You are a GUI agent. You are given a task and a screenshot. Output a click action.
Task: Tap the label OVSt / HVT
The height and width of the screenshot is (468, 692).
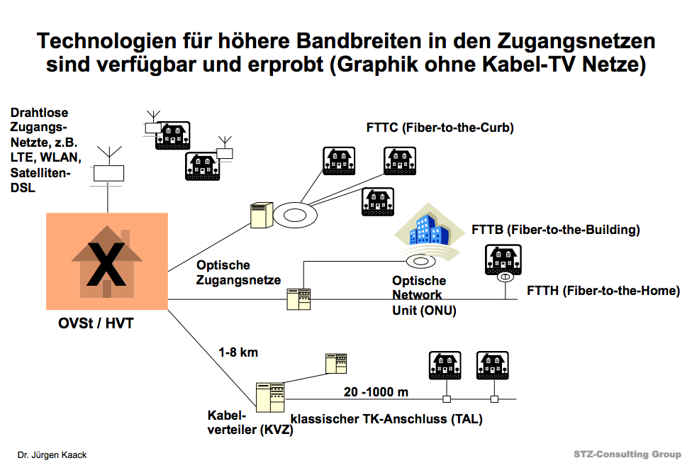96,324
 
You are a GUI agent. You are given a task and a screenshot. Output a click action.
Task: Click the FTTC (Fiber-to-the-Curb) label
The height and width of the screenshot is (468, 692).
440,128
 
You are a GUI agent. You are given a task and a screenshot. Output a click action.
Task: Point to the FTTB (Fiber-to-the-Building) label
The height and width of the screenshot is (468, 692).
556,230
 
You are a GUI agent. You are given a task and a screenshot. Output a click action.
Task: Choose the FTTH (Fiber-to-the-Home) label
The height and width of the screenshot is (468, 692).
603,291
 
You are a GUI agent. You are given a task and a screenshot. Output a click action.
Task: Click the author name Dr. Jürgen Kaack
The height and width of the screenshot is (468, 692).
52,455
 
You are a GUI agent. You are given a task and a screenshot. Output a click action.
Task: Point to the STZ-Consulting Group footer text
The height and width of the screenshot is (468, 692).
627,455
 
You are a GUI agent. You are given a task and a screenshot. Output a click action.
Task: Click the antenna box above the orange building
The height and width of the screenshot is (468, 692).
108,173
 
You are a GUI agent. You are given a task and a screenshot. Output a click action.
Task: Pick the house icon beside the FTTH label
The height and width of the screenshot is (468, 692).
503,260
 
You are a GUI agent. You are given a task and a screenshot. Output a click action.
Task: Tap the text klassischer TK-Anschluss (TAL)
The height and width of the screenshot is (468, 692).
386,419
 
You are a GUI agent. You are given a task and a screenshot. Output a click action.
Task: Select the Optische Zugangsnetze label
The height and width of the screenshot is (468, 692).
239,272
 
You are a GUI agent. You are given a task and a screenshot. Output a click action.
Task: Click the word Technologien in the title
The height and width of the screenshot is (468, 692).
102,40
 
